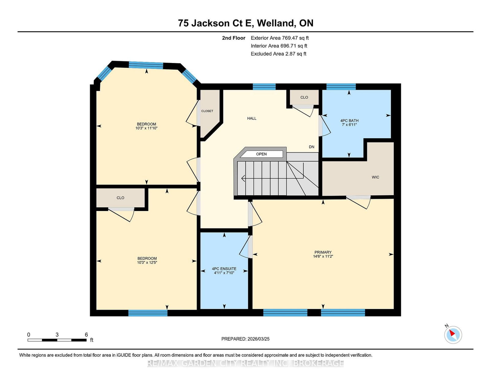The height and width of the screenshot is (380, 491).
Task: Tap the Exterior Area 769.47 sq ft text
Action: point(279,38)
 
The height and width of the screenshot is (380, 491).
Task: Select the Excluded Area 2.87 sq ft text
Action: point(278,54)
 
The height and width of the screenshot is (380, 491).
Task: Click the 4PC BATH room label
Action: point(349,123)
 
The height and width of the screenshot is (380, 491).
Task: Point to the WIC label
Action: point(375,177)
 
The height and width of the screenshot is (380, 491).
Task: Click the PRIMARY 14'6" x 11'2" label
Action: point(323,254)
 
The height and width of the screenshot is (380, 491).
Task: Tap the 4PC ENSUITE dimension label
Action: point(224,271)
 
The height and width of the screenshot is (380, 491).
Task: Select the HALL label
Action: point(252,118)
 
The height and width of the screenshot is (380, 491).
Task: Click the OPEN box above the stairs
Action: point(261,154)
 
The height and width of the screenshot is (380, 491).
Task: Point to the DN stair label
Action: point(311,147)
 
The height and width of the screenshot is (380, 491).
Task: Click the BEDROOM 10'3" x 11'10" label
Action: point(146,126)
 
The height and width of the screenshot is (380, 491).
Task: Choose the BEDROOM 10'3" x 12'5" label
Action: point(147,260)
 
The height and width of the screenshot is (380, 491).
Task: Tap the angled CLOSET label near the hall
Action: point(207,111)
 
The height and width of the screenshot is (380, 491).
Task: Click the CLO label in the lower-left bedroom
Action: point(120,198)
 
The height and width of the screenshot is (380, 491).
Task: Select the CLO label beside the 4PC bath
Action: point(304,97)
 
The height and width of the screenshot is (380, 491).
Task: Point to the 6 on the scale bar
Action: point(86,335)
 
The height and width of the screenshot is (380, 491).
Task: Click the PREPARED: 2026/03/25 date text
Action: point(245,339)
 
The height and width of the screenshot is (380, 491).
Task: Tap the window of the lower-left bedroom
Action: point(148,313)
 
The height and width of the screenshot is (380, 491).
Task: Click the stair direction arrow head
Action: point(243,178)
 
